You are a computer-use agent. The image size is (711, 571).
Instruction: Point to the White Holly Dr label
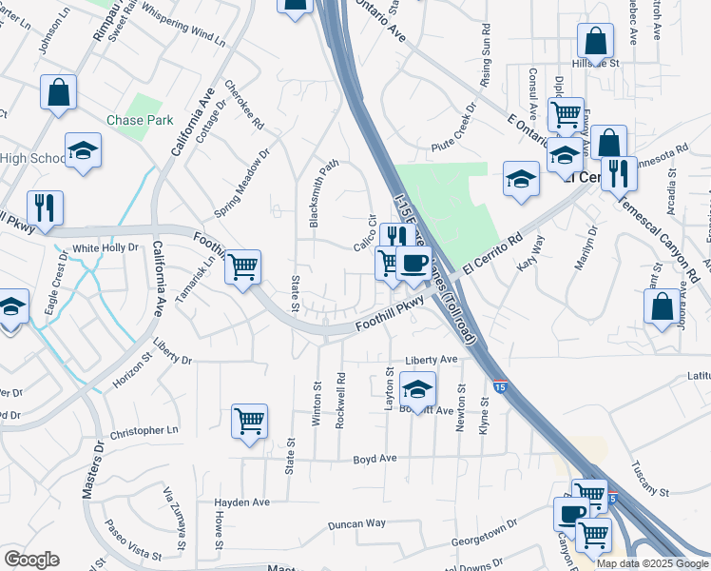tap(106, 248)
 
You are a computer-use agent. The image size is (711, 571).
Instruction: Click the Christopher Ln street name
tap(144, 431)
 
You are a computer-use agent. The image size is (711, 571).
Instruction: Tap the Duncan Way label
tap(356, 523)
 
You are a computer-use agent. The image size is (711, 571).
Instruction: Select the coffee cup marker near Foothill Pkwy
tap(413, 263)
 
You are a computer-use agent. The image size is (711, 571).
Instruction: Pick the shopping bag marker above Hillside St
tap(595, 41)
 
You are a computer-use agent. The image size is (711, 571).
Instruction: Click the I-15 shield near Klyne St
tap(501, 385)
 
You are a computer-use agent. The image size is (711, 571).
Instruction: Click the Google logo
tap(32, 560)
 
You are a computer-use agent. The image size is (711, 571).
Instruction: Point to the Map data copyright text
tap(652, 563)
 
